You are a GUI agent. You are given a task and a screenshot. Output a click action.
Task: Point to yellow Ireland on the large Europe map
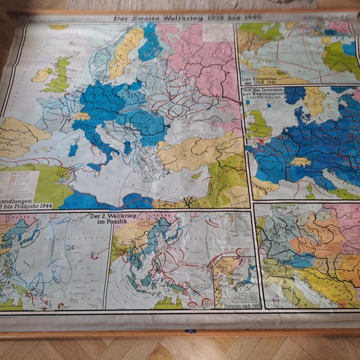pos(41,75)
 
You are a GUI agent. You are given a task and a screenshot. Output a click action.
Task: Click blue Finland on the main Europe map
pos(149,41)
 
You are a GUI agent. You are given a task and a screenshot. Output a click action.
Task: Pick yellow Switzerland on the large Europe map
pos(82,117)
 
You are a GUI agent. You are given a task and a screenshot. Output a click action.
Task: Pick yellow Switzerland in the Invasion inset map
pos(301,161)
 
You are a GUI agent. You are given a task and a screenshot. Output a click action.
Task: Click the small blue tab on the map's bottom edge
pos(192,331)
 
